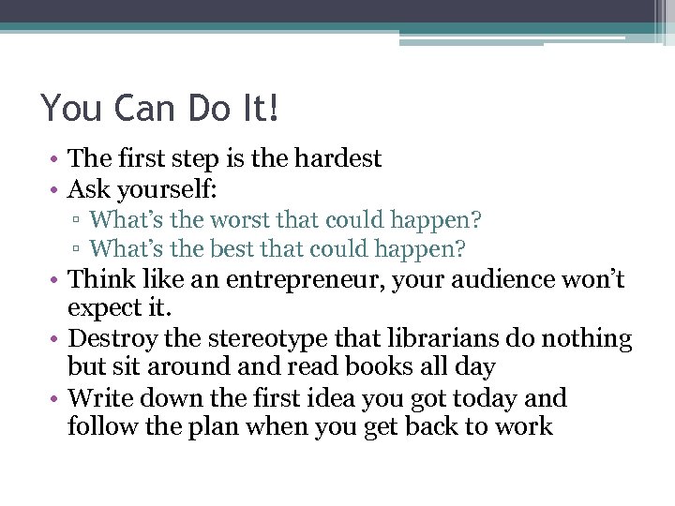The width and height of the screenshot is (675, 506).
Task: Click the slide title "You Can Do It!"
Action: click(160, 109)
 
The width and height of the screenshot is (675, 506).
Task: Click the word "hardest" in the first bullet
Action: click(337, 158)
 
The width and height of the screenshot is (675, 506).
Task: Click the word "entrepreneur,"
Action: click(364, 279)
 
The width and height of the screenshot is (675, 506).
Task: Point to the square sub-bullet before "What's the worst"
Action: click(84, 221)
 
